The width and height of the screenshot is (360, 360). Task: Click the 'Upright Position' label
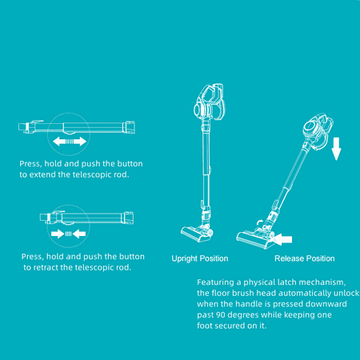[200, 258]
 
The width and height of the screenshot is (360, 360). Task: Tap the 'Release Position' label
[305, 258]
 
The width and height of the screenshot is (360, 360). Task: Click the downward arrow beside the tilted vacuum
[336, 149]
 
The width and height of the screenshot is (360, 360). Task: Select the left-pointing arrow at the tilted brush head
[282, 239]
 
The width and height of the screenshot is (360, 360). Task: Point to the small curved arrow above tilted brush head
[259, 222]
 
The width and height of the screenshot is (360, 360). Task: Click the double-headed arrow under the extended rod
[70, 142]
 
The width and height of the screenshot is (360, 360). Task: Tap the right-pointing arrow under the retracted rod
[58, 234]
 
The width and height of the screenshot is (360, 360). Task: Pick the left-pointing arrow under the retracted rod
[79, 234]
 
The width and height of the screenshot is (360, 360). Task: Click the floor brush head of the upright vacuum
[197, 234]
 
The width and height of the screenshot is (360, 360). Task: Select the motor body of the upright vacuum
[210, 102]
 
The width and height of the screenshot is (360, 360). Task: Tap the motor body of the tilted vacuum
[318, 130]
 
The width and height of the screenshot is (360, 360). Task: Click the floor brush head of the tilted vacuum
[255, 238]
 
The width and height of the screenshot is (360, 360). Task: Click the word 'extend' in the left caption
[42, 174]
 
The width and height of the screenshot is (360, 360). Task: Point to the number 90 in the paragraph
[221, 315]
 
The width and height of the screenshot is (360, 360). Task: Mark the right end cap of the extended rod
[129, 127]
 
